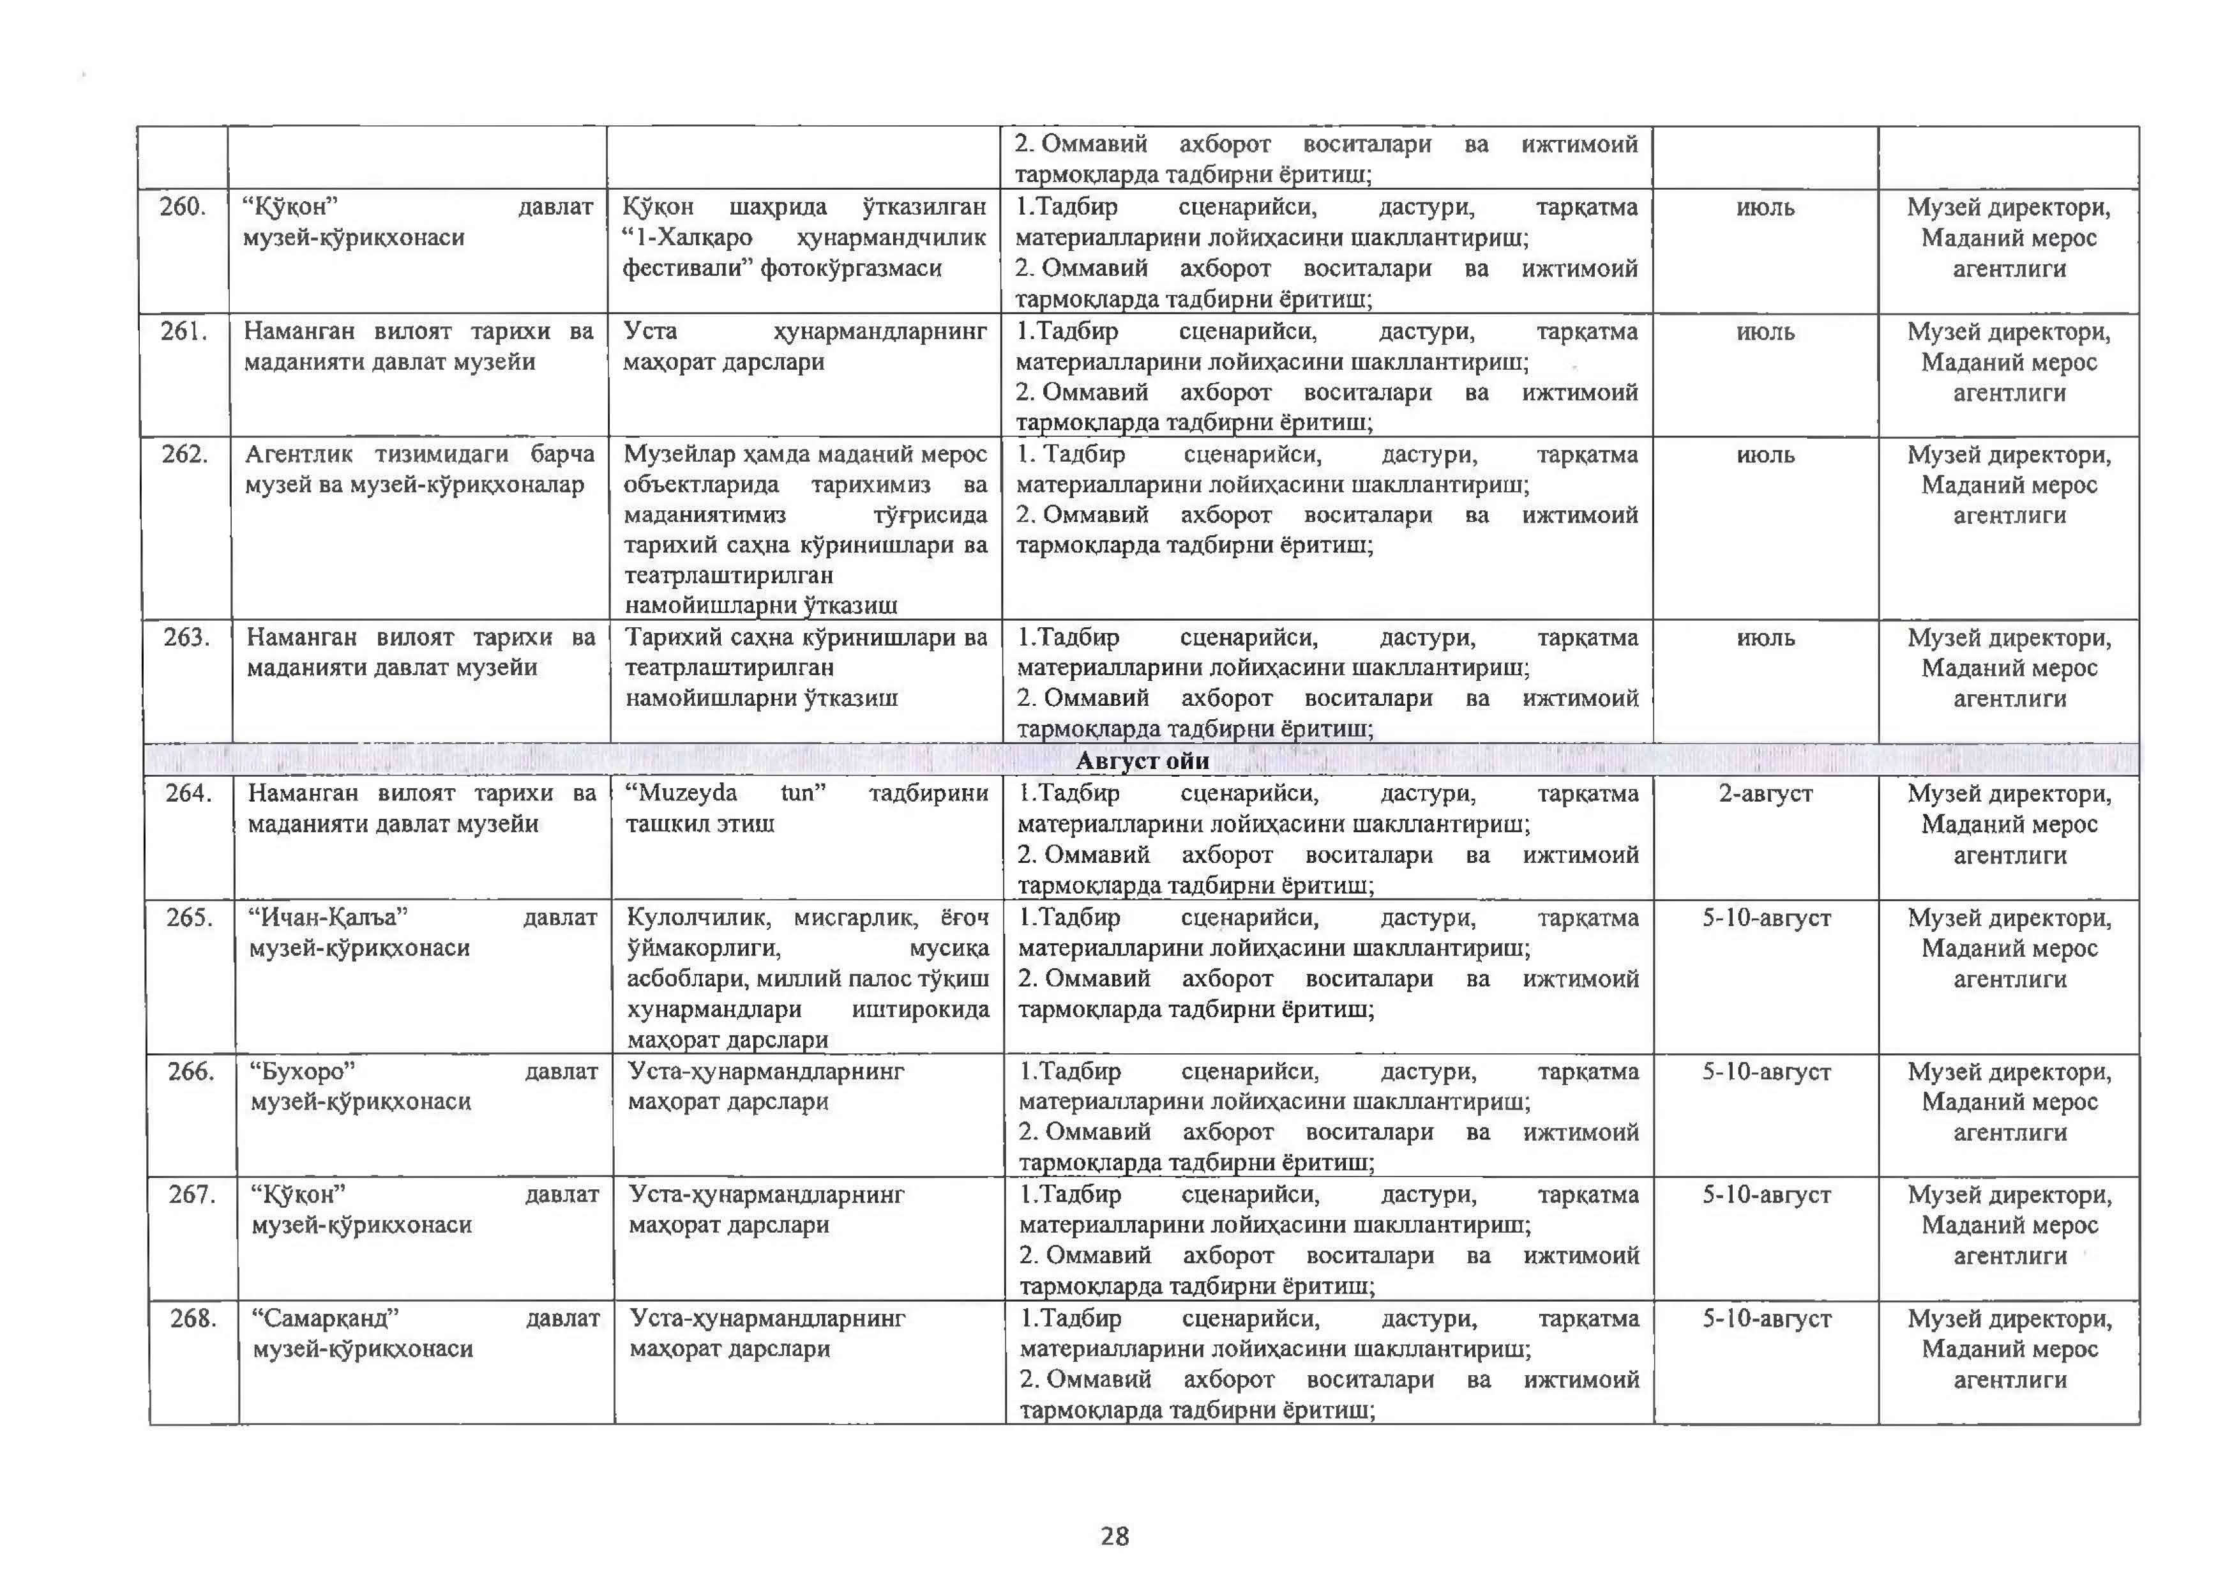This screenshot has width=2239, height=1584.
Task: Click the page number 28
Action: [x=1115, y=1536]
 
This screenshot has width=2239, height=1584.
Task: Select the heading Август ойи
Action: [x=1142, y=761]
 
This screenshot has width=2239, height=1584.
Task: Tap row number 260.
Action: [x=183, y=207]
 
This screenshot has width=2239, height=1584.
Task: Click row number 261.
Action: [x=185, y=331]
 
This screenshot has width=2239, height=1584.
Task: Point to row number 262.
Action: [x=185, y=455]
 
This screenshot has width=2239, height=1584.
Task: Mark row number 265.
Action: [x=189, y=918]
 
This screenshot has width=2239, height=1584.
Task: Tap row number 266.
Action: [x=191, y=1072]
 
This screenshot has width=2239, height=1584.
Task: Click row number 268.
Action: [x=193, y=1319]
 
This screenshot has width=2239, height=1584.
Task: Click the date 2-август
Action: [x=1765, y=794]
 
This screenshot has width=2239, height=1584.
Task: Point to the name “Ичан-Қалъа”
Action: [x=328, y=918]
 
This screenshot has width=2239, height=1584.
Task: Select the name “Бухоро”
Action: [x=303, y=1072]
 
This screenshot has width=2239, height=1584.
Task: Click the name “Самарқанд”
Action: [x=326, y=1319]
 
